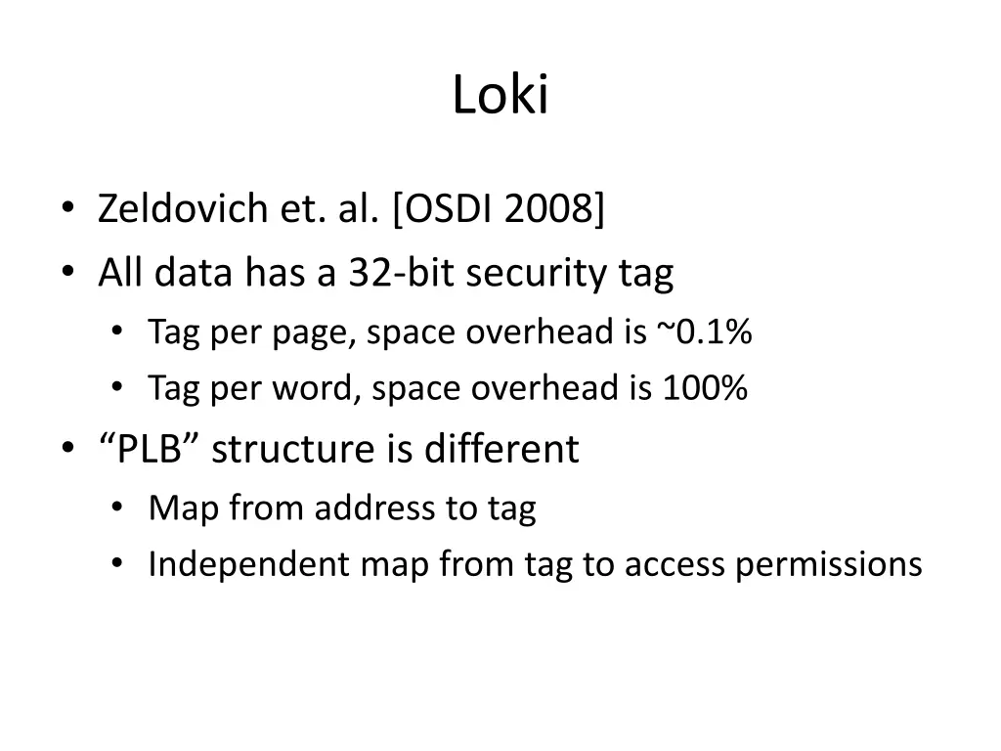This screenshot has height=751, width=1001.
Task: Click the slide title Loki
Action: pos(500,96)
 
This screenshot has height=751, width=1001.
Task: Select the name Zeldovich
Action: pos(169,209)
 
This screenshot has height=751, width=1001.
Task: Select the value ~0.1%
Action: pos(704,332)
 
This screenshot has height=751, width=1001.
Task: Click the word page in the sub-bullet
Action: pos(301,334)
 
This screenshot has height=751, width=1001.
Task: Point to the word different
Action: pos(501,450)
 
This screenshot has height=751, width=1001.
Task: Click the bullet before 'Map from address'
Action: pos(118,508)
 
